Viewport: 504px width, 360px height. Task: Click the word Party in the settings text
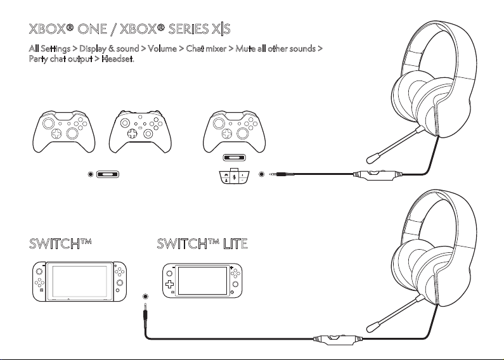click(x=40, y=59)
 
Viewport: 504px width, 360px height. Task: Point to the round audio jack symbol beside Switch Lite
click(x=146, y=297)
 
